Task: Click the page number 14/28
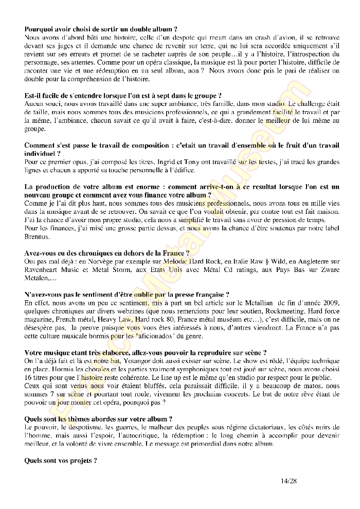290,481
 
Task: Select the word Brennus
37,237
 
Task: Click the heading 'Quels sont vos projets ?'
61,461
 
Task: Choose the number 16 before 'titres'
29,378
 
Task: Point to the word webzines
129,312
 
